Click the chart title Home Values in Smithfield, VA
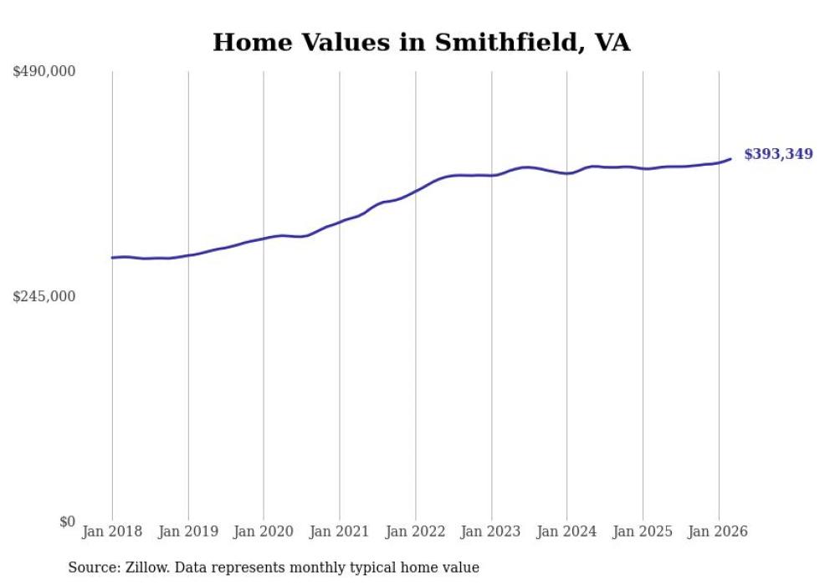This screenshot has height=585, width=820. [421, 43]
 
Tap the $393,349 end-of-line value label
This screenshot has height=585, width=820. [778, 154]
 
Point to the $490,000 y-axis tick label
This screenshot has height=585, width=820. [44, 72]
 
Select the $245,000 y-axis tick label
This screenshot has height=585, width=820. [44, 296]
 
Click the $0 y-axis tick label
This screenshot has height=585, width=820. [67, 521]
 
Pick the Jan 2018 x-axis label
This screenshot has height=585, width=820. [112, 531]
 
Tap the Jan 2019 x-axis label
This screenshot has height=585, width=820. [188, 531]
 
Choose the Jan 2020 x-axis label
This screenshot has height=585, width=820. [264, 531]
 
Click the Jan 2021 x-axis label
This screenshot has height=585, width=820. [340, 531]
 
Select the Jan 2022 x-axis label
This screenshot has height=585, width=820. [415, 531]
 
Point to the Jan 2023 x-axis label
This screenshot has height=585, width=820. [491, 531]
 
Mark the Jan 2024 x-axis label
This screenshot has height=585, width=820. [566, 531]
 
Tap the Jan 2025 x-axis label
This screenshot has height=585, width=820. [643, 531]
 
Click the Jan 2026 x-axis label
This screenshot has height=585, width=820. [718, 531]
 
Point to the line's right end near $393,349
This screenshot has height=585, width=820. [730, 159]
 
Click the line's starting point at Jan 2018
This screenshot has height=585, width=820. [112, 258]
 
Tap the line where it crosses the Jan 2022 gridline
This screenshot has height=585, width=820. [415, 192]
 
